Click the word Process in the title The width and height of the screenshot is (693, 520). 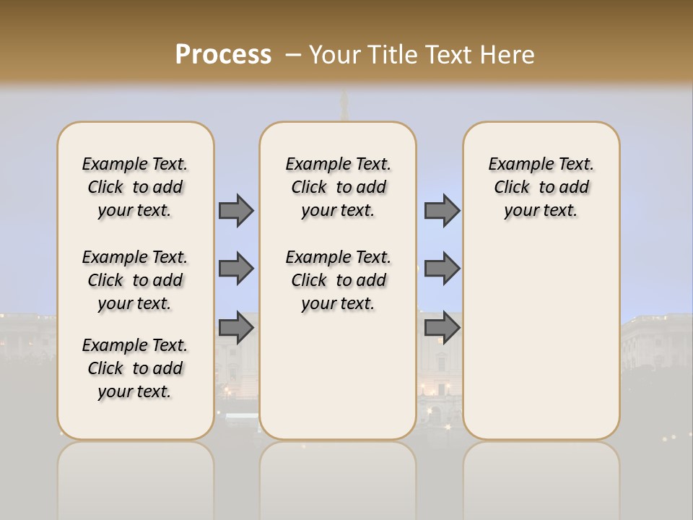(x=223, y=54)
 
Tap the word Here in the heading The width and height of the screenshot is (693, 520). (x=508, y=54)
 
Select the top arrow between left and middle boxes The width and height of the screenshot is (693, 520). (x=236, y=210)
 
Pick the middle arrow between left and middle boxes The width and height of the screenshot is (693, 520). (x=236, y=269)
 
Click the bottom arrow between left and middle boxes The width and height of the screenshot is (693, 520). (x=236, y=328)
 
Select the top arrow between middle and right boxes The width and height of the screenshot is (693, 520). (x=442, y=210)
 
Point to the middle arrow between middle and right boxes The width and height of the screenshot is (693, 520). (x=442, y=269)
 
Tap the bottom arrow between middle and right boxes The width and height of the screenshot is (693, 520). (x=442, y=328)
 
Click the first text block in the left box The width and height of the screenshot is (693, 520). (x=135, y=187)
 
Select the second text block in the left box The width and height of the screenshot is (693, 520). (x=135, y=280)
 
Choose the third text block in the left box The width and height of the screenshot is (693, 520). (x=135, y=368)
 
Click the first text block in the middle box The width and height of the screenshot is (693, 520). (x=338, y=187)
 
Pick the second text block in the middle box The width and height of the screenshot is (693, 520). (x=338, y=280)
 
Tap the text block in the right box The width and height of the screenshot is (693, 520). (x=541, y=187)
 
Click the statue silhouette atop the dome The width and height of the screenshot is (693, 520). (x=345, y=99)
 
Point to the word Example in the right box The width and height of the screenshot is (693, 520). (x=515, y=165)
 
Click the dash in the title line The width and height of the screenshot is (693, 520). (x=293, y=54)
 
